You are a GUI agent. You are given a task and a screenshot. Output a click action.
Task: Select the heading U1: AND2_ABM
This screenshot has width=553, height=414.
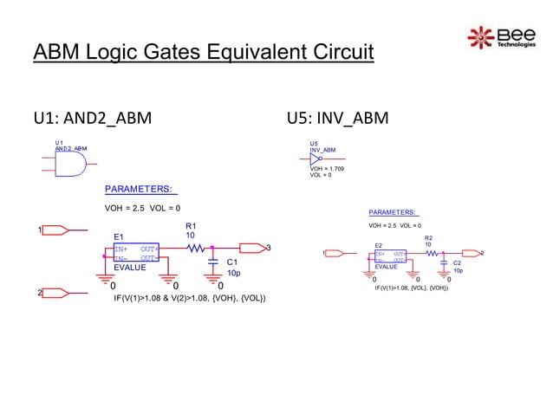[x=92, y=118]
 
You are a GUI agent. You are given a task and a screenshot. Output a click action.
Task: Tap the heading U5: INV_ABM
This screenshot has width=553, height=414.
[x=338, y=118]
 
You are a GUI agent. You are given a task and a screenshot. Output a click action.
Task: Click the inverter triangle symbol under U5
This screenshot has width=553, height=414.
[x=316, y=158]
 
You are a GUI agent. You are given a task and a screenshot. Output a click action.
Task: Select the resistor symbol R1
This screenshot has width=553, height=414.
[x=197, y=249]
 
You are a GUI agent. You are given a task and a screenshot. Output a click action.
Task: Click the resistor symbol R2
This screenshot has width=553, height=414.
[x=430, y=253]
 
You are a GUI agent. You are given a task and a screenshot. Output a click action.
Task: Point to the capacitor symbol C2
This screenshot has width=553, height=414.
[x=443, y=261]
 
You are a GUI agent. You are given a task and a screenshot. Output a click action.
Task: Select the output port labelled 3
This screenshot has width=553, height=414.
[x=252, y=249]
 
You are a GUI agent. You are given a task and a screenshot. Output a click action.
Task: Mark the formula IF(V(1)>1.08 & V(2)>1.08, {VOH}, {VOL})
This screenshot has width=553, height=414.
[x=190, y=299]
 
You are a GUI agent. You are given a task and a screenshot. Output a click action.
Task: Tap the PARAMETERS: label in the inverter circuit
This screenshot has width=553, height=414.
[x=393, y=211]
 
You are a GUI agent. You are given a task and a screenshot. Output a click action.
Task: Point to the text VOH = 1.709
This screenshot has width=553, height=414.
[x=327, y=168]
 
